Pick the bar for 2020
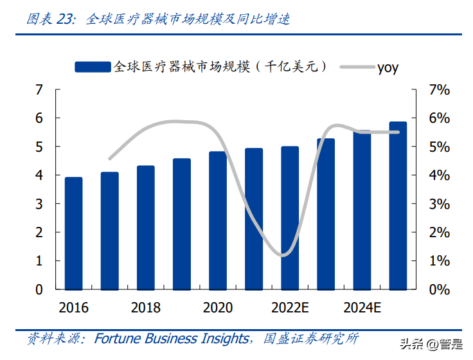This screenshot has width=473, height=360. [218, 220]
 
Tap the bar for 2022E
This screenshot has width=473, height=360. [290, 217]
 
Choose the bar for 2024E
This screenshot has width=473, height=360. [362, 210]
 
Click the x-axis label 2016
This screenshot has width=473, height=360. [74, 308]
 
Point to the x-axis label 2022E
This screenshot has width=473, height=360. [291, 308]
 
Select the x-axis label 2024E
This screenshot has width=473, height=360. [363, 308]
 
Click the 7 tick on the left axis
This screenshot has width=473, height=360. [39, 90]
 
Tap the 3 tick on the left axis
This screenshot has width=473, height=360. [39, 204]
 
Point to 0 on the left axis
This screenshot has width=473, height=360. [39, 289]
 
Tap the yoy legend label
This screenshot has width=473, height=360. [388, 67]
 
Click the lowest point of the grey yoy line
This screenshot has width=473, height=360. [283, 255]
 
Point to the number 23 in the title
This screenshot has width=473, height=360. [66, 19]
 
